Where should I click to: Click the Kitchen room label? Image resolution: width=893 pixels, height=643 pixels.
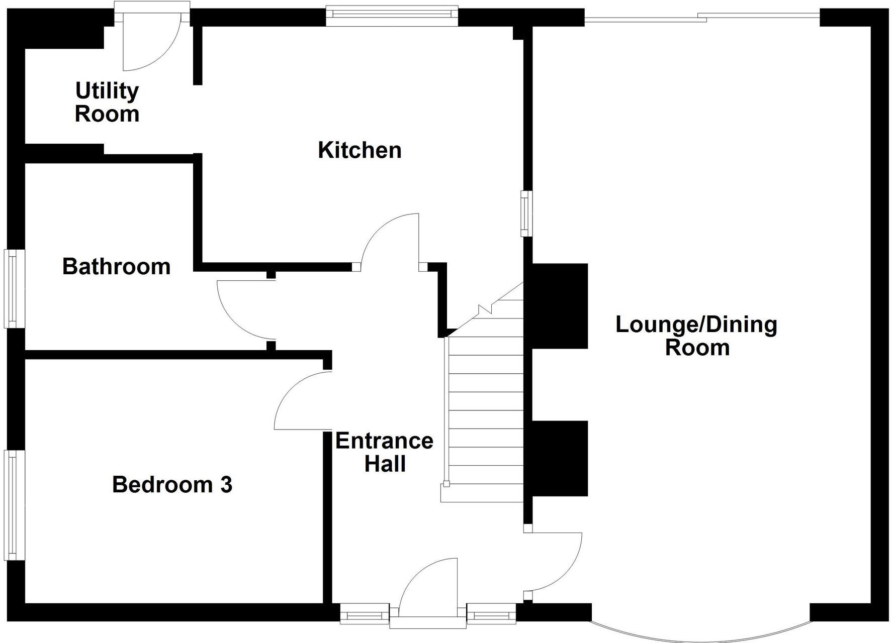(x=360, y=150)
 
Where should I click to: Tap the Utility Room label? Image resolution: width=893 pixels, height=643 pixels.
(x=107, y=102)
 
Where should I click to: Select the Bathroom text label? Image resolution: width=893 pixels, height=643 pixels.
(x=116, y=266)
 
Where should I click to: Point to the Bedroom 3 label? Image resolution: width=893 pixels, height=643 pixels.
(x=172, y=485)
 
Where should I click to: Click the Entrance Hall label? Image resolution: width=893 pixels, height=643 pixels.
(x=385, y=452)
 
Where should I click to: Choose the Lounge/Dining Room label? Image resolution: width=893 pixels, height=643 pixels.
(x=696, y=336)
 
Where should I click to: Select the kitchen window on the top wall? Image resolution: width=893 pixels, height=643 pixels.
(x=392, y=16)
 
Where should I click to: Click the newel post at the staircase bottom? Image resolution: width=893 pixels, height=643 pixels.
(x=446, y=484)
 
